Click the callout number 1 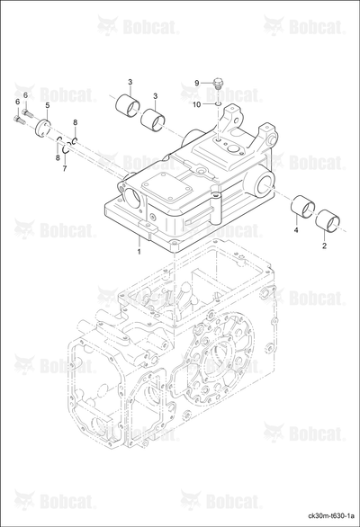(x=139, y=252)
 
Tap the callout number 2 (x=324, y=246)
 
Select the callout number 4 (x=296, y=230)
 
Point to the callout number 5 (x=48, y=105)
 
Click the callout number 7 (x=65, y=168)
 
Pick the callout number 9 (x=197, y=83)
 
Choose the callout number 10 (x=196, y=105)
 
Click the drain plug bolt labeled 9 (x=219, y=83)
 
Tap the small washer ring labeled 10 (x=219, y=104)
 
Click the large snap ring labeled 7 (x=67, y=147)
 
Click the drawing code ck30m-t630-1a (x=331, y=515)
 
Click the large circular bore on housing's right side (x=264, y=185)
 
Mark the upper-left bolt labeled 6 (x=27, y=113)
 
